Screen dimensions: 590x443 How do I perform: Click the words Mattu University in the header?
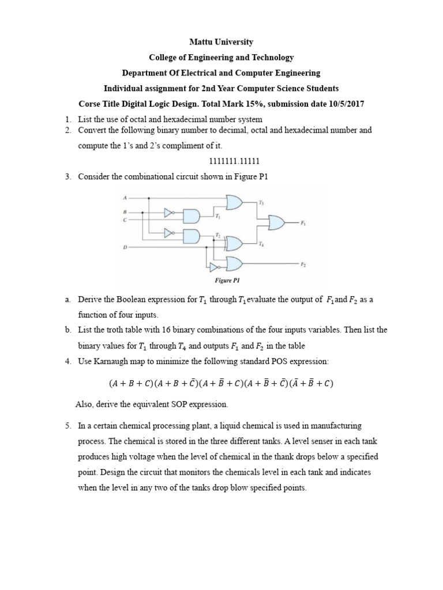point(221,42)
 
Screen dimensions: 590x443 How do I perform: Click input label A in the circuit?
point(125,198)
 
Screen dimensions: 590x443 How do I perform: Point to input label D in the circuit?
point(125,247)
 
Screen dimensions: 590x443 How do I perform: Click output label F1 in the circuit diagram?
point(303,222)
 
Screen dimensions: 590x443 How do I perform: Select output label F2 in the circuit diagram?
point(303,264)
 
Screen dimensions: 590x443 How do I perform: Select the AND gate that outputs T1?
point(192,216)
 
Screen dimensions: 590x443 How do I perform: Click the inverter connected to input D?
point(214,267)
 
